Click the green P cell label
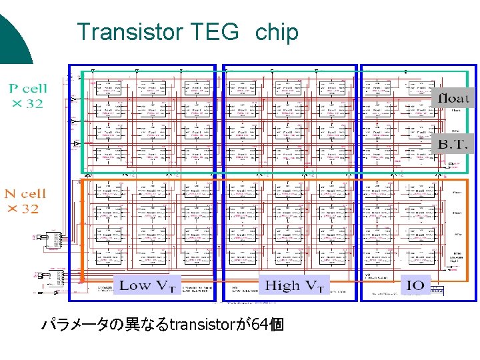point(27,87)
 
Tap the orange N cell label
point(26,194)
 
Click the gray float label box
point(453,98)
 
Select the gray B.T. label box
point(453,143)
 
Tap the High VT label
point(294,285)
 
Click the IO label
point(415,285)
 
